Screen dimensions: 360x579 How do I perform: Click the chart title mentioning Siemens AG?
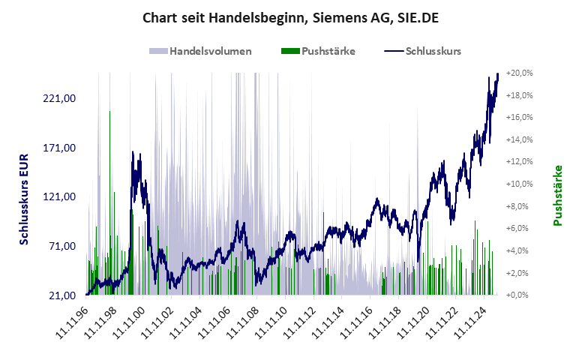(x=289, y=16)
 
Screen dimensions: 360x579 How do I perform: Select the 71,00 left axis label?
(x=63, y=246)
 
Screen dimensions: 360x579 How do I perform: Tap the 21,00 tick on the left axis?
(x=63, y=295)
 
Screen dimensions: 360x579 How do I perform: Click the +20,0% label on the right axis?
(x=519, y=73)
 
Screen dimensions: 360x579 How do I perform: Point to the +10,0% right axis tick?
(x=519, y=184)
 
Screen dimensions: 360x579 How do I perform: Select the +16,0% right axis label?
(x=519, y=118)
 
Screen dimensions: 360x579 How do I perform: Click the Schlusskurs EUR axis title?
(x=24, y=197)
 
